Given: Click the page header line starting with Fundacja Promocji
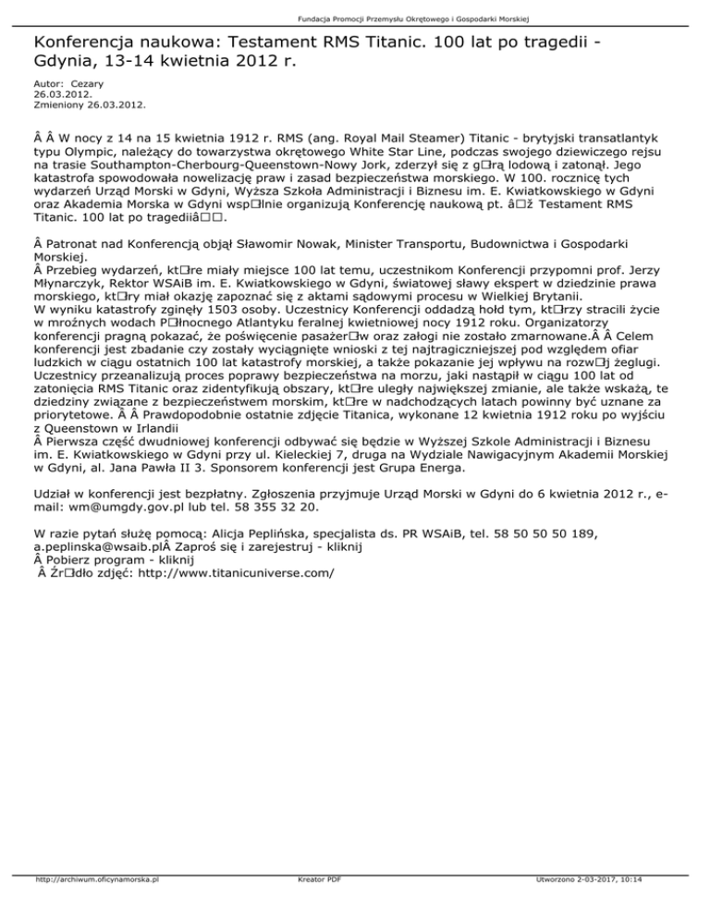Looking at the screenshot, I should point(355,18).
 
